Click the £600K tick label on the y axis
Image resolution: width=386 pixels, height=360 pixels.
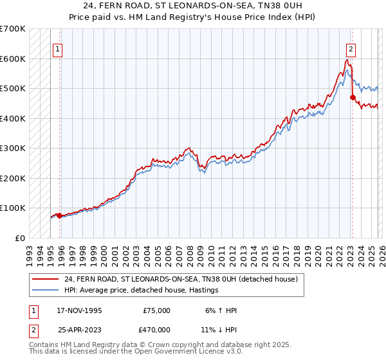[12, 59]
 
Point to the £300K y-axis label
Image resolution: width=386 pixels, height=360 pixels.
[12, 148]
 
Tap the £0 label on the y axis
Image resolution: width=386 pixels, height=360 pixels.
[19, 238]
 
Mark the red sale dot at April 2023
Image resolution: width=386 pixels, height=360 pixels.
[352, 97]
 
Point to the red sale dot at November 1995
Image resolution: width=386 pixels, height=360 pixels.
[59, 215]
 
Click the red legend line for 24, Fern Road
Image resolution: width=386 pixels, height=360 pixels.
[46, 280]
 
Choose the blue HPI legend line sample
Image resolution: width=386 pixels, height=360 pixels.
[46, 291]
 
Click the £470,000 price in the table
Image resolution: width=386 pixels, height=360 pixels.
[156, 329]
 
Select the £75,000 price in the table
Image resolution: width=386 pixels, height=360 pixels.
[156, 310]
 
